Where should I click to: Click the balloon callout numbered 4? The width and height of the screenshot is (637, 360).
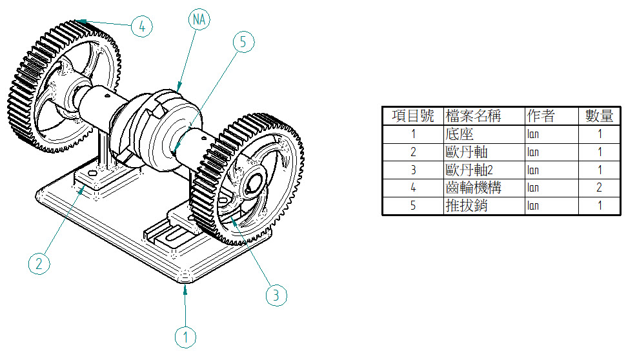pyautogui.click(x=142, y=27)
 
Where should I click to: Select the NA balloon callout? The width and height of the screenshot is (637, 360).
pyautogui.click(x=199, y=19)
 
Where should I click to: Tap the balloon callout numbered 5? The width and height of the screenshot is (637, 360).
pyautogui.click(x=243, y=42)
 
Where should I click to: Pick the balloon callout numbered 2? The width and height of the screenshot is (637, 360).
pyautogui.click(x=39, y=264)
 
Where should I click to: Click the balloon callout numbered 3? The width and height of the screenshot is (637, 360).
pyautogui.click(x=276, y=295)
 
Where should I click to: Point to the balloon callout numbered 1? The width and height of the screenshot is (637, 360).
pyautogui.click(x=185, y=337)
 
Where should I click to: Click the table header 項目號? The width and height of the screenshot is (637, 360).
pyautogui.click(x=413, y=116)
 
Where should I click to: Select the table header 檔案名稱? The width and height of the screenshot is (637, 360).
pyautogui.click(x=473, y=116)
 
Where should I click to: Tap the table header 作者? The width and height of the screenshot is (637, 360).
pyautogui.click(x=541, y=116)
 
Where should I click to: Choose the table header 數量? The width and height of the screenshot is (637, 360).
pyautogui.click(x=599, y=116)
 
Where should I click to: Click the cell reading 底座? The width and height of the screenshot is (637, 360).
pyautogui.click(x=460, y=134)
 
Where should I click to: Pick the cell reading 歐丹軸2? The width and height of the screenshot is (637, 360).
pyautogui.click(x=469, y=170)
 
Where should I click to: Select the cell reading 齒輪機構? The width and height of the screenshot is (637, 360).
pyautogui.click(x=473, y=188)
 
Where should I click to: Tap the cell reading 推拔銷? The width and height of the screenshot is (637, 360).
pyautogui.click(x=467, y=206)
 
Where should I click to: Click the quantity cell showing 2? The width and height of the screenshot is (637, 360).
pyautogui.click(x=599, y=188)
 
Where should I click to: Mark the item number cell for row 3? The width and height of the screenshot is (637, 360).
pyautogui.click(x=413, y=170)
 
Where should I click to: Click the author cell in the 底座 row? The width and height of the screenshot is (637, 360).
pyautogui.click(x=533, y=134)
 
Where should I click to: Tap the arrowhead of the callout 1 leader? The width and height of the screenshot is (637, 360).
pyautogui.click(x=185, y=289)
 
